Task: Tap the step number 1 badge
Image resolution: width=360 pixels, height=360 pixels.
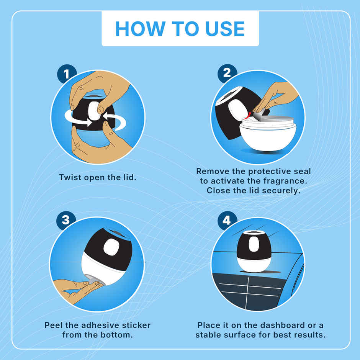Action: coord(67,74)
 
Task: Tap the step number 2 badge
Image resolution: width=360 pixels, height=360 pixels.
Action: coord(227,72)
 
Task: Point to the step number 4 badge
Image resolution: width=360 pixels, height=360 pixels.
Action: coord(227,221)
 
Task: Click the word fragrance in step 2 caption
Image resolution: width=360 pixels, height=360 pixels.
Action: coord(275,180)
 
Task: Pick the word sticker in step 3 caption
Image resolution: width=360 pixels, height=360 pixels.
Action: coord(135,325)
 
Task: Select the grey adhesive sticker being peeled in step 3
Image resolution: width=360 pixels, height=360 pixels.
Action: coord(93,279)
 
